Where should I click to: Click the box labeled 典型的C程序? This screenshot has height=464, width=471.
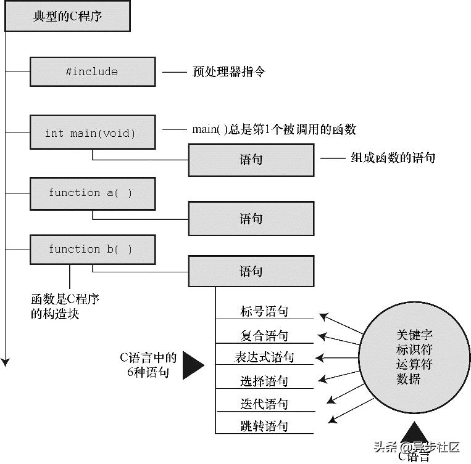point(67,17)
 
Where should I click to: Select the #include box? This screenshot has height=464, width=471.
point(92,71)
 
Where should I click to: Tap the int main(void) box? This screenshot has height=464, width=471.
point(92,132)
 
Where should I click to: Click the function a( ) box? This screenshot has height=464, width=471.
point(92,193)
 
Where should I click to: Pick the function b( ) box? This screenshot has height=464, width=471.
point(92,250)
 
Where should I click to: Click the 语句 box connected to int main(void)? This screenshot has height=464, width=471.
point(251,160)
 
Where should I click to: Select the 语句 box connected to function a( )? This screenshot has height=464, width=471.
point(251,219)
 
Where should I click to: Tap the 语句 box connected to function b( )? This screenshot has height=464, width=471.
point(251,272)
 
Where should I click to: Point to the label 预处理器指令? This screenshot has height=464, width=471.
point(229,72)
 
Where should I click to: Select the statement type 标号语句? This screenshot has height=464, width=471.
point(264,312)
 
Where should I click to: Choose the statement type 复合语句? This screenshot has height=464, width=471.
point(264,336)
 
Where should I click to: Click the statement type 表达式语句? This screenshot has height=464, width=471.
point(264,357)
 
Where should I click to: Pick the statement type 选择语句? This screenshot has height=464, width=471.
point(264,381)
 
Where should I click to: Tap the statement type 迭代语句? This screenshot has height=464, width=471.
point(264,404)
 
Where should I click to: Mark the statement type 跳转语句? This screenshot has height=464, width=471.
point(264,426)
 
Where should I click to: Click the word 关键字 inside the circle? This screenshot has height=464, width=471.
point(415,335)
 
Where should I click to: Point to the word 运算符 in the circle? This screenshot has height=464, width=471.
point(415,364)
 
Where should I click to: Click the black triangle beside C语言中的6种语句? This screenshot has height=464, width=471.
point(192,365)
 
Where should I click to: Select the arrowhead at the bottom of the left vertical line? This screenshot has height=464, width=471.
point(6,362)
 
